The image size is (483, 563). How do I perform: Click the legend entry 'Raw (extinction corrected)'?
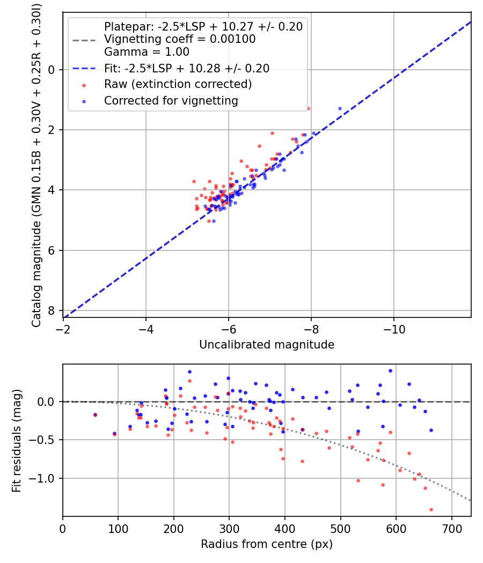click(178, 84)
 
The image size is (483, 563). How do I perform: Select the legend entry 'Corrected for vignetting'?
click(171, 100)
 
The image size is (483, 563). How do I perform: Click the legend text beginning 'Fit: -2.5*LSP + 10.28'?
click(186, 68)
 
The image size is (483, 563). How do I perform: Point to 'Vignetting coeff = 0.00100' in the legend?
click(180, 39)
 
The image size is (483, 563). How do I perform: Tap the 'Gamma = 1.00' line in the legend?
click(147, 52)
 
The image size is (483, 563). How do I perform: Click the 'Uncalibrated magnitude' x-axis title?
click(267, 345)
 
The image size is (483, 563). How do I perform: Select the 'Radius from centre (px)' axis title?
click(267, 544)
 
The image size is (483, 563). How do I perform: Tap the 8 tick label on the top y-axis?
click(52, 310)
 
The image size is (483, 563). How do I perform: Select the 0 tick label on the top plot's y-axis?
click(52, 70)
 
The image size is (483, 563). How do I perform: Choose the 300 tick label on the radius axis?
click(229, 528)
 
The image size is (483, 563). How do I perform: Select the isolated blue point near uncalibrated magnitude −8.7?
click(340, 108)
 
